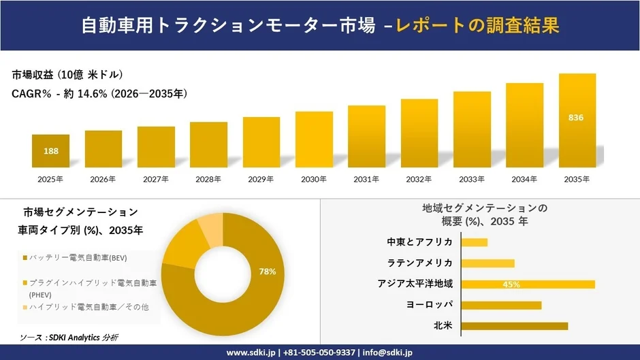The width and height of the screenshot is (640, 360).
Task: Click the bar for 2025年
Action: point(50,151)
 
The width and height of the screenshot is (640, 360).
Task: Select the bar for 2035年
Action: point(577,120)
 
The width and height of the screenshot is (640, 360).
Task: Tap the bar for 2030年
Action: point(314,140)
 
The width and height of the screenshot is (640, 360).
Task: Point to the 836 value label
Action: point(576,118)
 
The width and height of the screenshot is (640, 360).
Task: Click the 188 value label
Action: point(50,151)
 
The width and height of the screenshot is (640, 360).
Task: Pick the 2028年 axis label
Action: point(208,179)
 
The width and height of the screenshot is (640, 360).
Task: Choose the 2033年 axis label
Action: point(472,179)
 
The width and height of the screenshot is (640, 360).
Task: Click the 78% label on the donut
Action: point(268,272)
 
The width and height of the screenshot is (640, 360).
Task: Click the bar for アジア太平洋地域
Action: point(528,284)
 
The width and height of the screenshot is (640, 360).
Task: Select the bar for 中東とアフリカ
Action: point(475,242)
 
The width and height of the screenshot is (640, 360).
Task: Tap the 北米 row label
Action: point(443,326)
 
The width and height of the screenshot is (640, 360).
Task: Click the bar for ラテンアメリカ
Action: point(487,263)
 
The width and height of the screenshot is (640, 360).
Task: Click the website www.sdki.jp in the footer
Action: point(251,353)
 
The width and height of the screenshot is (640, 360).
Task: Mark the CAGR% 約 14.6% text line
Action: point(99,94)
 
